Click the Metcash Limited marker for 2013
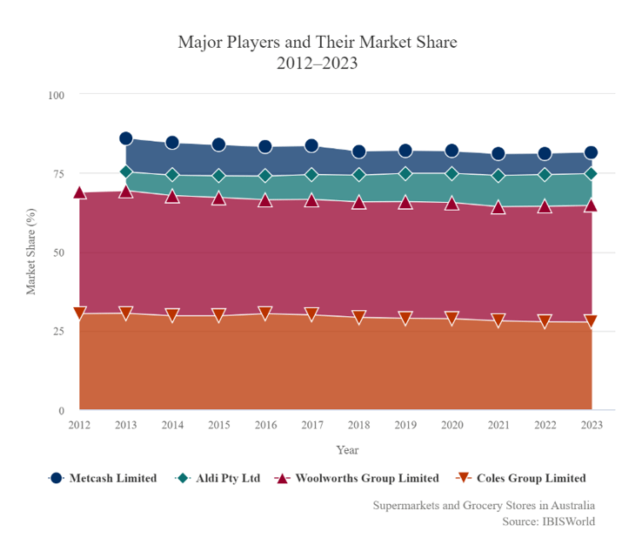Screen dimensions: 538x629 coord(126,138)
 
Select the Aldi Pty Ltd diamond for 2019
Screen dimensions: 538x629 coord(405,173)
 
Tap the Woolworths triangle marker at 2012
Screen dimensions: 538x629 coord(79,193)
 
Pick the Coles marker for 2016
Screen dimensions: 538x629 coord(265,313)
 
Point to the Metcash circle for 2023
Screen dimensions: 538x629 coord(592,153)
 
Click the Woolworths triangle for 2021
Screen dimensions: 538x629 coord(499,207)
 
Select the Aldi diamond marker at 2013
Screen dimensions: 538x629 coord(126,172)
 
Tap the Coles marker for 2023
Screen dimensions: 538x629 coord(592,321)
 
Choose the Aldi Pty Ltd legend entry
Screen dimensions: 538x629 coord(217,478)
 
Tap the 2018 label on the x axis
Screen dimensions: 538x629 coord(358,425)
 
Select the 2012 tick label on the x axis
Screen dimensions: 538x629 coord(79,425)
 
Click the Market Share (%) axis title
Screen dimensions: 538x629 coord(31,252)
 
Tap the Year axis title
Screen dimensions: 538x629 coord(347,450)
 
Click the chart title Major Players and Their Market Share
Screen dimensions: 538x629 coord(317,42)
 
